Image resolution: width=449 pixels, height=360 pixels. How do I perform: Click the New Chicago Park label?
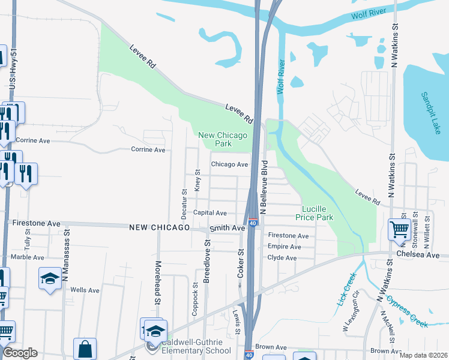tap(223, 139)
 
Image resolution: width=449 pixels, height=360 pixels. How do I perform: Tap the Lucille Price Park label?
tap(317, 212)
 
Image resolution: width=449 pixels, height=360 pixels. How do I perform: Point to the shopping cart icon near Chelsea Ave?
tap(399, 229)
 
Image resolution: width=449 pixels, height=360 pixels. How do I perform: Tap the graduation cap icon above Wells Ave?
tap(50, 277)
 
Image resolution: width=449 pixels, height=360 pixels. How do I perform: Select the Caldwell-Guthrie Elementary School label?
tap(196, 347)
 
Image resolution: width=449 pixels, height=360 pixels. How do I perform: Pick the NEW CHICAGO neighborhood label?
tap(159, 228)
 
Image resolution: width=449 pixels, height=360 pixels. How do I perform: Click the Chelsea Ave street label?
tap(418, 255)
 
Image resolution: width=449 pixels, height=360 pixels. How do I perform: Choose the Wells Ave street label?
tap(85, 290)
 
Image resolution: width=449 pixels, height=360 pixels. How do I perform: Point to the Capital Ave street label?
tap(209, 212)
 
